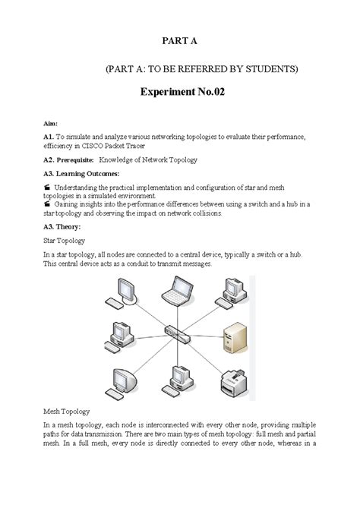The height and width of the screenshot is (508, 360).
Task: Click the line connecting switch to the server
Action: tap(207, 333)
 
